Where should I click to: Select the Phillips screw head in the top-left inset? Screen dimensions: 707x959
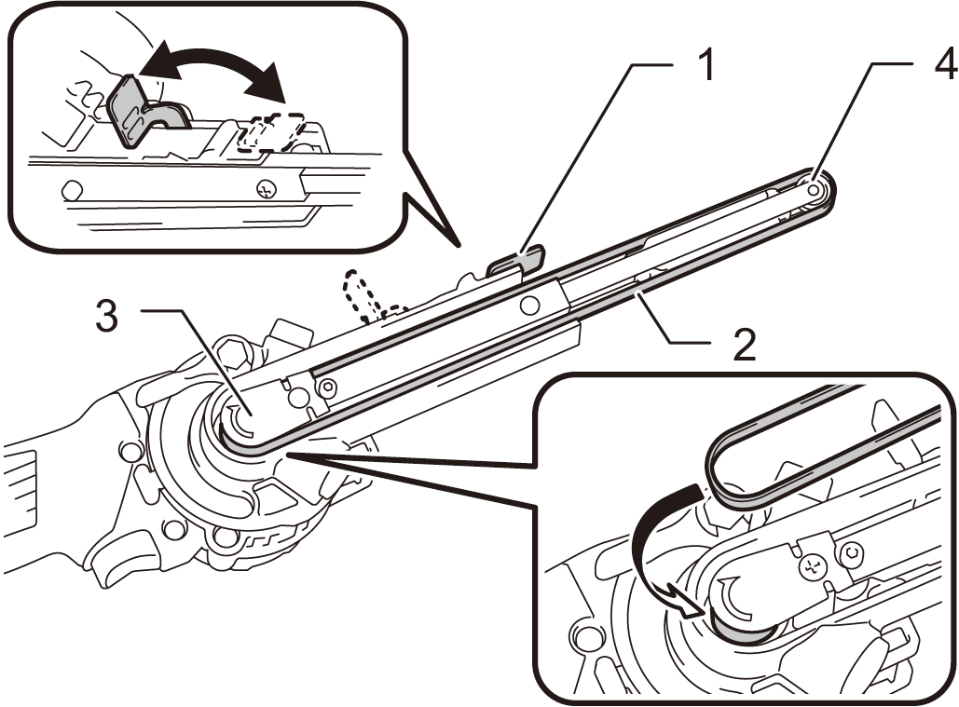[265, 189]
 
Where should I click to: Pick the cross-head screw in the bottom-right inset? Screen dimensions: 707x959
[810, 564]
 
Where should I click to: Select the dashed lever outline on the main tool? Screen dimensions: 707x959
[368, 293]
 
